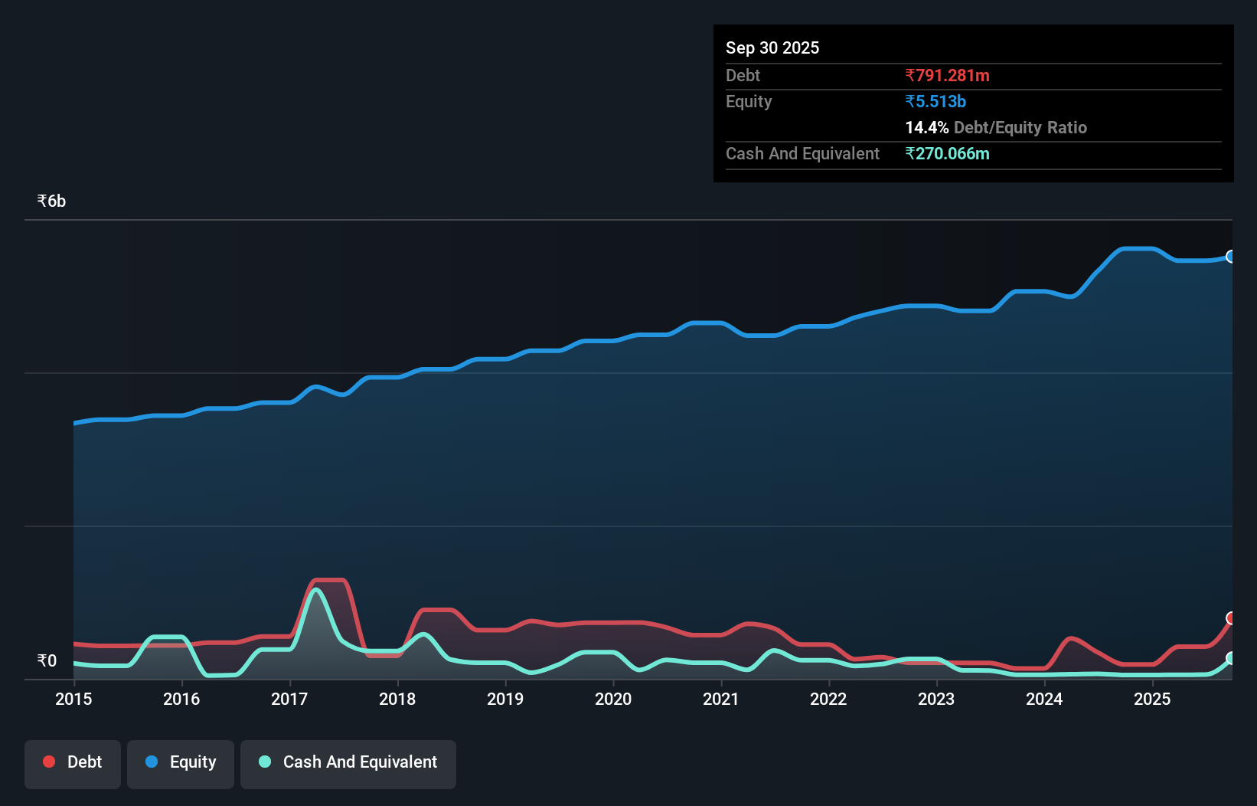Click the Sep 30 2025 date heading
coord(772,48)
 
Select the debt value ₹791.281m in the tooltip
coord(947,75)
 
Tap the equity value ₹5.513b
coord(935,101)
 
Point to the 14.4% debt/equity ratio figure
coord(926,127)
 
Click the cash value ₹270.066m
coord(947,153)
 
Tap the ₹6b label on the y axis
coord(51,201)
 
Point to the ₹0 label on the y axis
coord(47,660)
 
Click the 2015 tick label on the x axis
coord(73,699)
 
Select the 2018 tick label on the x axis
coord(397,699)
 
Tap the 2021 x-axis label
coord(721,699)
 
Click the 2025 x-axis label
coord(1152,699)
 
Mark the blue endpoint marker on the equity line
coord(1231,257)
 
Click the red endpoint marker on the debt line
coord(1231,618)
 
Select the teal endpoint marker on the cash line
coord(1231,658)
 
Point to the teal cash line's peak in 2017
coord(315,590)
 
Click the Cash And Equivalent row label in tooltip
coord(802,153)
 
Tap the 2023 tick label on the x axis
coord(936,699)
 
